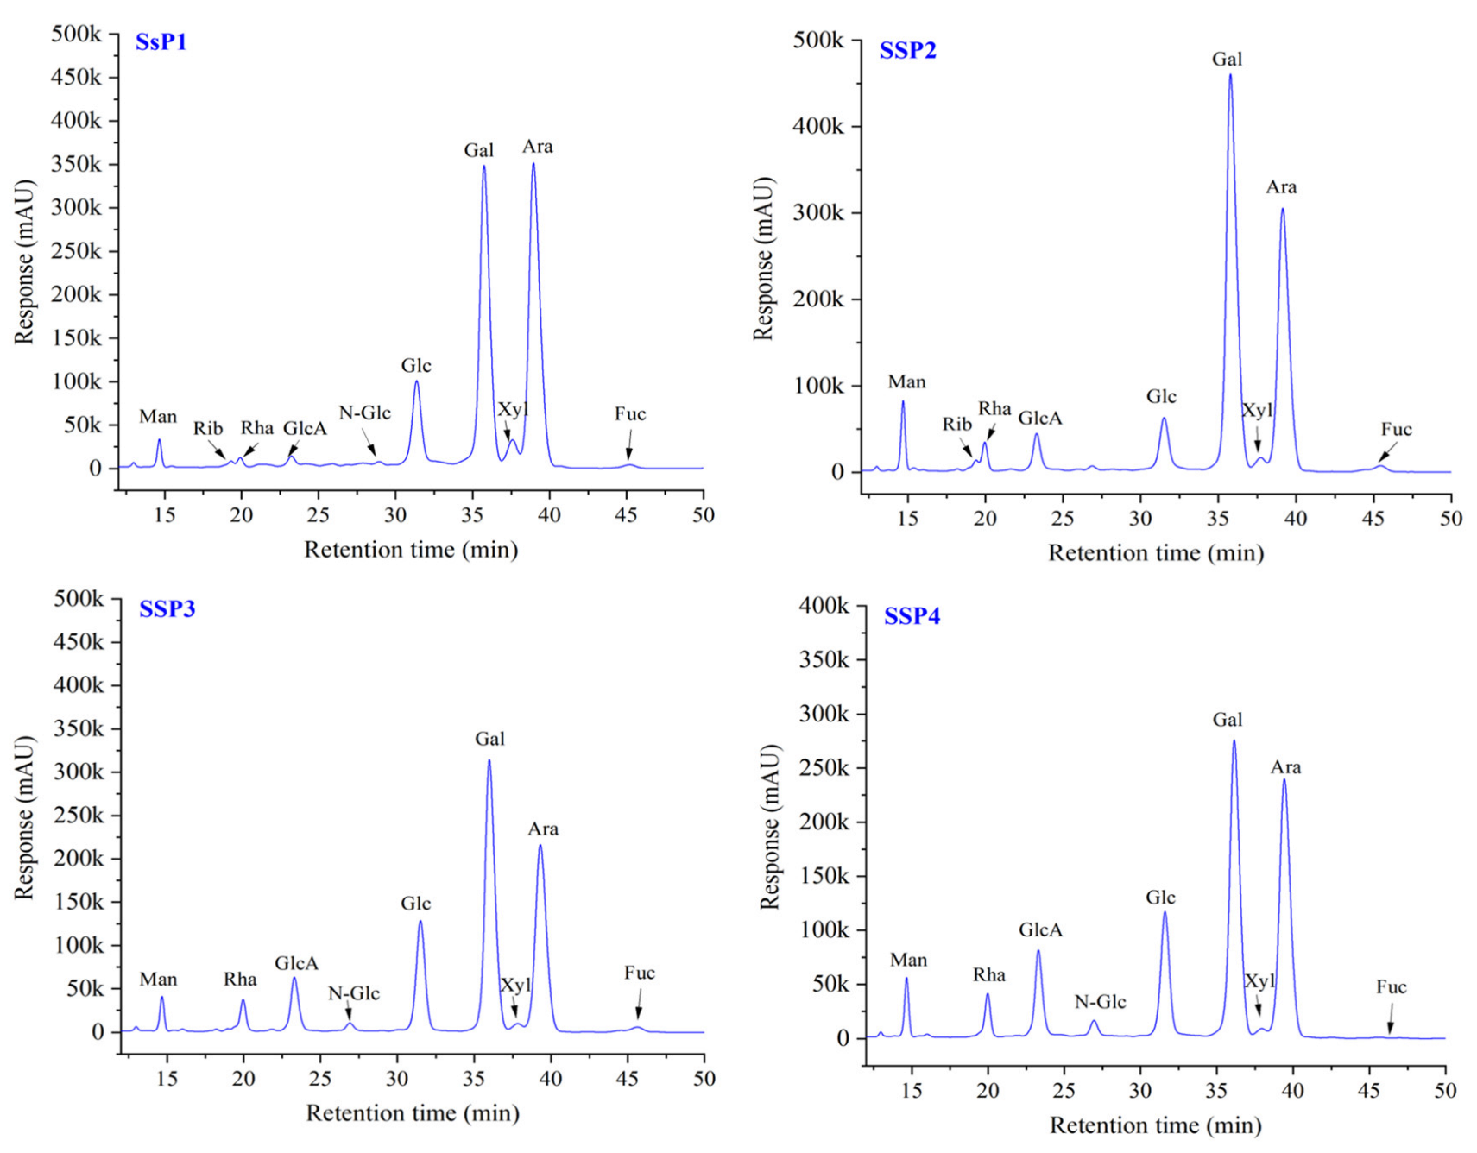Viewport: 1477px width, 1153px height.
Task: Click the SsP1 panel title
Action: tap(161, 41)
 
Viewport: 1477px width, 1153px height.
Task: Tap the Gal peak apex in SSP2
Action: tap(1230, 76)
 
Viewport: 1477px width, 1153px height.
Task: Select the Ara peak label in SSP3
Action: tap(543, 829)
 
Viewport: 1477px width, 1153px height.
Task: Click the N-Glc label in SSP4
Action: tap(1100, 1002)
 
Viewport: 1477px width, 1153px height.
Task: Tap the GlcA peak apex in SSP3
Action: tap(294, 979)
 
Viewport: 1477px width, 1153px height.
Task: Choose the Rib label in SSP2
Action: tap(956, 424)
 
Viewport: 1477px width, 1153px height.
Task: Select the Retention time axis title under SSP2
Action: tap(1155, 553)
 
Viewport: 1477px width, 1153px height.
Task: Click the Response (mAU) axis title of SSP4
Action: tap(768, 827)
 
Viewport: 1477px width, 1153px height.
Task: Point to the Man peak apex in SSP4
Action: tap(906, 979)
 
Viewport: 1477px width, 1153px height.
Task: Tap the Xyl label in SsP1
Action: tap(513, 409)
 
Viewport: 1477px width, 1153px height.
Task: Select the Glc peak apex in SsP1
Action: tap(416, 382)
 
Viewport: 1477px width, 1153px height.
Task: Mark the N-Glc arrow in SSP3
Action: tap(349, 1011)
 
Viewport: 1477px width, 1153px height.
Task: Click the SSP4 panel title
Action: tap(912, 616)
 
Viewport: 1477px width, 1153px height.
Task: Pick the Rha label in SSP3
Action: tap(240, 980)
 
